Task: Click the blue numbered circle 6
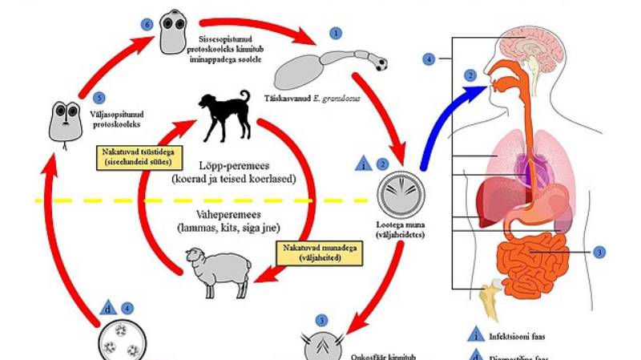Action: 147,25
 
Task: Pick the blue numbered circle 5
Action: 99,98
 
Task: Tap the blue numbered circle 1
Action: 335,33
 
